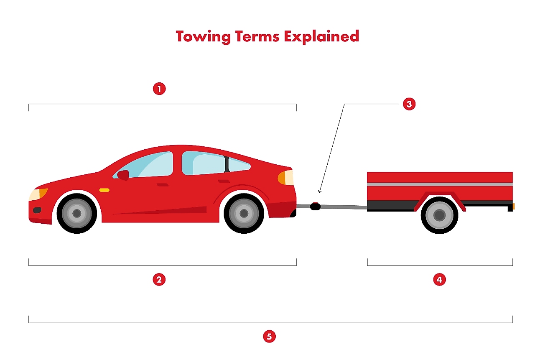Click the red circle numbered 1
click(x=159, y=89)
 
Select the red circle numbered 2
click(x=159, y=280)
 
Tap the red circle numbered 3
click(x=409, y=104)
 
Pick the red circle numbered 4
click(x=439, y=280)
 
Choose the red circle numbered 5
click(x=270, y=336)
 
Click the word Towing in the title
click(x=203, y=36)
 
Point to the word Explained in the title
click(x=321, y=36)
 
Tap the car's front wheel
click(x=76, y=213)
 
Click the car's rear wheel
click(x=244, y=213)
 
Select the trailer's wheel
click(x=439, y=215)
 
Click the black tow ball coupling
click(x=315, y=206)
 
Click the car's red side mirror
click(x=123, y=175)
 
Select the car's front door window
click(x=150, y=165)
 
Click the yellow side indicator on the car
click(x=104, y=190)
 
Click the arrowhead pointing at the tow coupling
click(x=320, y=192)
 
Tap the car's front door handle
click(x=162, y=184)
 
